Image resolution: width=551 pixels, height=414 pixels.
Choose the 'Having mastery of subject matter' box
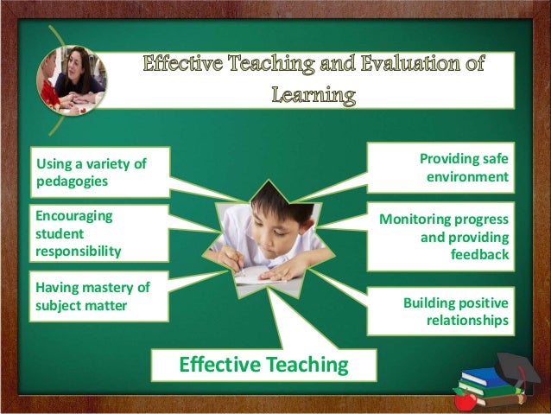click(x=89, y=296)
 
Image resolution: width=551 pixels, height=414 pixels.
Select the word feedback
click(x=480, y=255)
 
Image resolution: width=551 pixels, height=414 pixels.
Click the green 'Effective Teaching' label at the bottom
click(x=263, y=365)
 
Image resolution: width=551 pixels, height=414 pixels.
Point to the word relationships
click(x=467, y=322)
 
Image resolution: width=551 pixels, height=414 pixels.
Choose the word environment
click(x=467, y=177)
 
